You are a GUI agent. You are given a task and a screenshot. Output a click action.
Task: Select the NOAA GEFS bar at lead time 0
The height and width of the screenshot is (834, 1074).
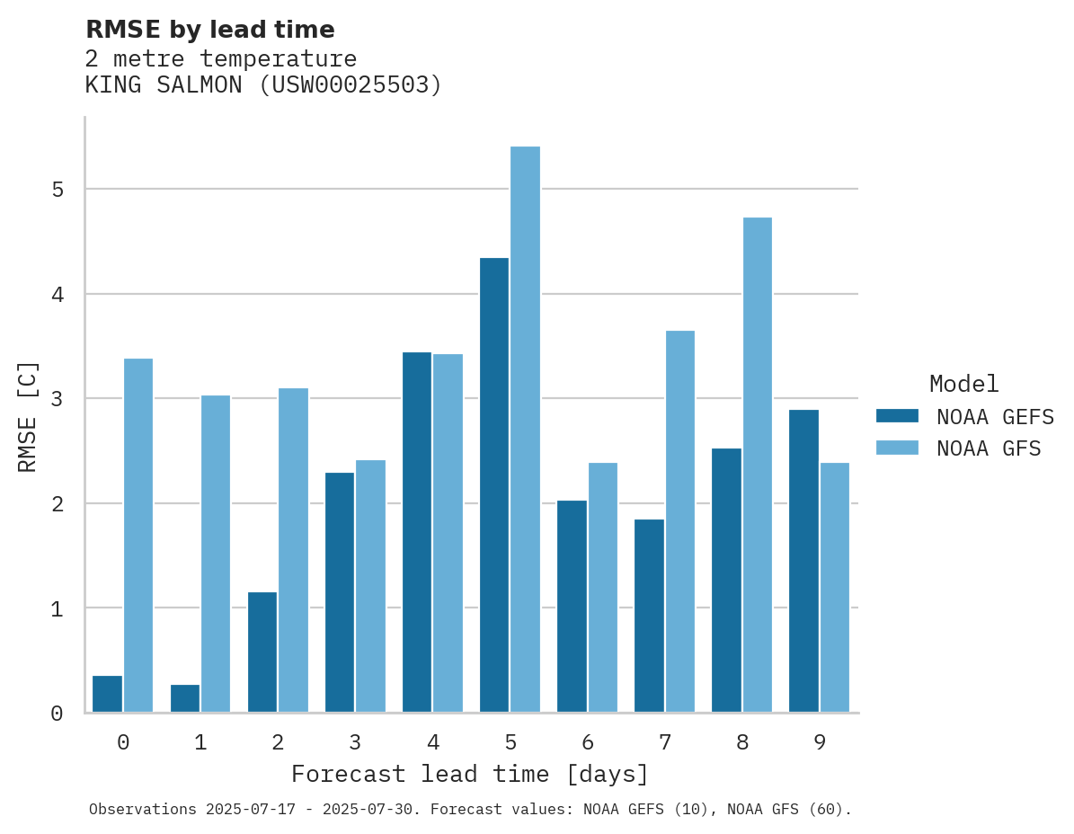pos(108,694)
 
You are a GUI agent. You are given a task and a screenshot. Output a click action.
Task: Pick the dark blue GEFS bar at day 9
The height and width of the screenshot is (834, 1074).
pos(803,561)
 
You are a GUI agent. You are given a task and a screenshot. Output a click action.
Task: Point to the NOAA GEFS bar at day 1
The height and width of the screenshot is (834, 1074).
pos(185,698)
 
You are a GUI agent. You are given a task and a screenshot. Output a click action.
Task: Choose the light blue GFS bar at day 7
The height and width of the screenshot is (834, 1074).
pos(679,521)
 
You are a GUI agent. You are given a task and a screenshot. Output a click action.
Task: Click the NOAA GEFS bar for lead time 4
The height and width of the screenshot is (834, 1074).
pos(417,532)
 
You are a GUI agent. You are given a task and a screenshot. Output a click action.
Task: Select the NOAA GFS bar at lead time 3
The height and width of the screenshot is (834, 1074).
pos(370,586)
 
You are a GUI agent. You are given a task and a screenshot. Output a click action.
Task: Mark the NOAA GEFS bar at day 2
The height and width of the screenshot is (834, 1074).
pos(262,652)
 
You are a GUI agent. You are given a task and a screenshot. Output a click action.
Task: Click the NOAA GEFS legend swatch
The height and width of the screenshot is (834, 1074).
pos(897,416)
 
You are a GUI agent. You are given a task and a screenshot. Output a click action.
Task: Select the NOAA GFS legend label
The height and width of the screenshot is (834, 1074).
pos(989,448)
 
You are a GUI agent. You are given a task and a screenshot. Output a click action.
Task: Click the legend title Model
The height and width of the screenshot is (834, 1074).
pos(964,385)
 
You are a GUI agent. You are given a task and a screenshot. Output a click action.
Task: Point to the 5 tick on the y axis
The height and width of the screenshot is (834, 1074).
pos(58,190)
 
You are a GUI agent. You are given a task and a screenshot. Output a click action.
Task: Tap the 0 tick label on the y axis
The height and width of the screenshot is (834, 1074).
pos(58,714)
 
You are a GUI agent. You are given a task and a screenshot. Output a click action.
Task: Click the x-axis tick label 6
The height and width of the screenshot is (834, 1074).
pos(588,742)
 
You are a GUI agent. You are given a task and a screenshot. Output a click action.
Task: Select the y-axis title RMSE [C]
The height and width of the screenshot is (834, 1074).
pos(28,416)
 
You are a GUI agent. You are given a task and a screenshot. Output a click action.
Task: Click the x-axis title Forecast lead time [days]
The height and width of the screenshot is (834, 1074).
pos(470,774)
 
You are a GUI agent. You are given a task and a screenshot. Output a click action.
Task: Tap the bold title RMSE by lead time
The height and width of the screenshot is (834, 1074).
pos(209,30)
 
